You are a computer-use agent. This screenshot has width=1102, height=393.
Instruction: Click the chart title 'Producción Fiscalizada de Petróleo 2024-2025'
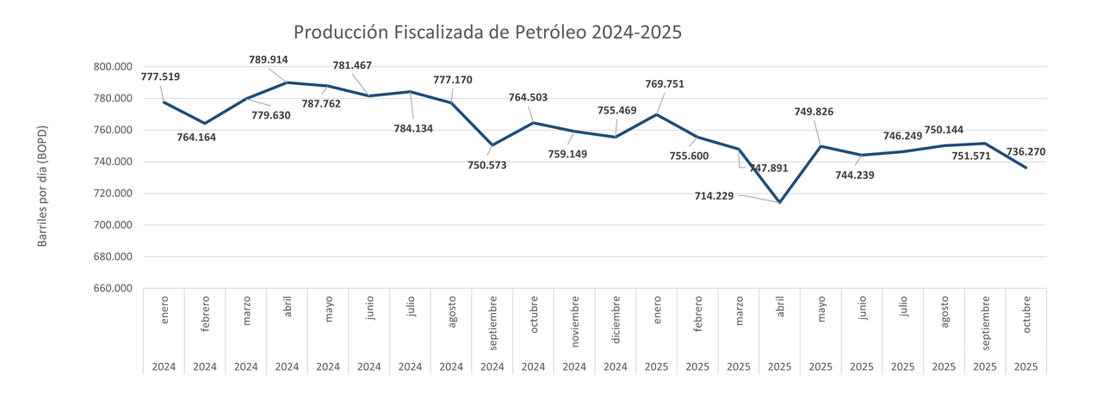[x=487, y=33]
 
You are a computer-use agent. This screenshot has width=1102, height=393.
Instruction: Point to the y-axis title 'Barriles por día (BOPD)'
[x=42, y=187]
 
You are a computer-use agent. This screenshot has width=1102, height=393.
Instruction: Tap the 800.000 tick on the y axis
[x=112, y=67]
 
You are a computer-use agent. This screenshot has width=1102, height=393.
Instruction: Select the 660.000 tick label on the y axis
[x=112, y=289]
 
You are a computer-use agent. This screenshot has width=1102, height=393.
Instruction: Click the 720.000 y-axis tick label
[x=112, y=193]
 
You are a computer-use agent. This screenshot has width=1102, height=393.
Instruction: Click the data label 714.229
[x=715, y=196]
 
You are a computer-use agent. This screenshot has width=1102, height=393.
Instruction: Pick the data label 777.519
[x=160, y=77]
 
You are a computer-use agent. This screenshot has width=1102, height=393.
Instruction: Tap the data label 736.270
[x=1026, y=151]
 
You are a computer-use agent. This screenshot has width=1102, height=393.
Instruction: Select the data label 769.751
[x=665, y=83]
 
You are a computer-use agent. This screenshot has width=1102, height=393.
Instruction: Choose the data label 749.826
[x=813, y=111]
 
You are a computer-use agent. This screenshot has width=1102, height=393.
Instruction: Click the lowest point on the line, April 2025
[x=780, y=203]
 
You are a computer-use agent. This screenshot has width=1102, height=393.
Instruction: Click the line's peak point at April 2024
[x=287, y=83]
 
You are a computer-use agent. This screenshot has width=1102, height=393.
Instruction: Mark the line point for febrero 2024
[x=205, y=123]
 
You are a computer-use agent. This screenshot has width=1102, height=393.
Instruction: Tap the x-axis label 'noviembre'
[x=574, y=322]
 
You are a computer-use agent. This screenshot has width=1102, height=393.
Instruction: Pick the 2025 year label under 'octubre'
[x=1026, y=366]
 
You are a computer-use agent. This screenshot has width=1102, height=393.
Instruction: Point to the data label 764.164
[x=197, y=136]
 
